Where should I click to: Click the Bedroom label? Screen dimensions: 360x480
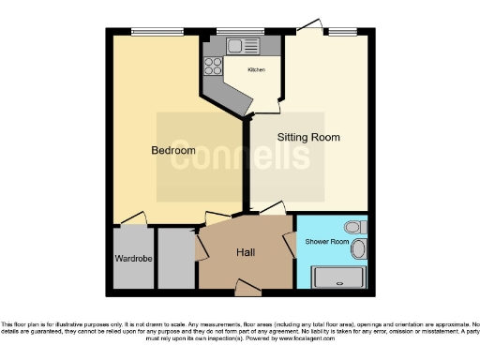173,150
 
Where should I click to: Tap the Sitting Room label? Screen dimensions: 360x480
307,137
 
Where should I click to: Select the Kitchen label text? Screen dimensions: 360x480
257,70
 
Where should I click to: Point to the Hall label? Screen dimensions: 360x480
245,252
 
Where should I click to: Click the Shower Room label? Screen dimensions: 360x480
326,242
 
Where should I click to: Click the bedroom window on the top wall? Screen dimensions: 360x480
157,32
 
